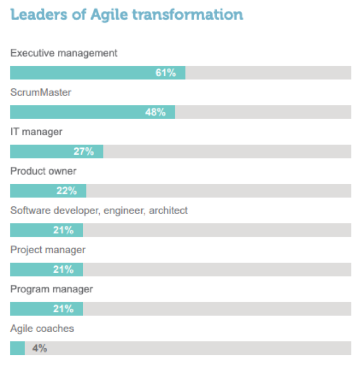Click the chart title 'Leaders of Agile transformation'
click(x=126, y=14)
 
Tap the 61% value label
click(x=166, y=73)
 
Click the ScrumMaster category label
click(x=41, y=92)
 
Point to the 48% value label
click(x=155, y=112)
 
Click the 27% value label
click(x=83, y=152)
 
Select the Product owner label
click(x=43, y=171)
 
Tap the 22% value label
click(x=66, y=191)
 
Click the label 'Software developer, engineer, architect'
click(x=99, y=211)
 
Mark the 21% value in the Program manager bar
click(x=63, y=309)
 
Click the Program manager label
click(x=52, y=290)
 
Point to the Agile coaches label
click(x=42, y=329)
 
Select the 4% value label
click(x=39, y=348)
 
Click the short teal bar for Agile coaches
click(x=18, y=348)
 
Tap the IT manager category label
click(x=36, y=132)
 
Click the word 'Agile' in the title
click(x=109, y=14)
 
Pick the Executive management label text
click(x=64, y=53)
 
